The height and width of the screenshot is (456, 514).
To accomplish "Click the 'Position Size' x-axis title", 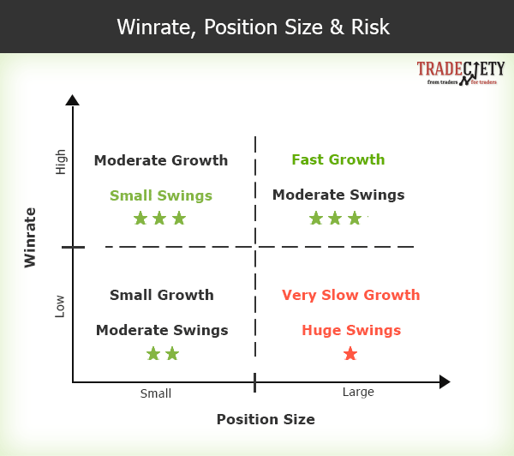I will (x=266, y=419).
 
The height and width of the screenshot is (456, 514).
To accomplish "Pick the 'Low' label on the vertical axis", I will (x=60, y=306).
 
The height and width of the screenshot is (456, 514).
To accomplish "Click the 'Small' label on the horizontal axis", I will (x=156, y=393).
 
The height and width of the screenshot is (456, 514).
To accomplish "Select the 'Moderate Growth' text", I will (x=161, y=160).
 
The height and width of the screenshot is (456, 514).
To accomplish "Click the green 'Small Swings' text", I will (x=161, y=195).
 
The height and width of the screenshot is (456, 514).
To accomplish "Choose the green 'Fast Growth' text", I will (x=338, y=159).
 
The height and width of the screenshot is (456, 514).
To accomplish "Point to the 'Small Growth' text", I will (x=162, y=295).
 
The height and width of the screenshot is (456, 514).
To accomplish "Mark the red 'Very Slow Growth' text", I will (x=351, y=295).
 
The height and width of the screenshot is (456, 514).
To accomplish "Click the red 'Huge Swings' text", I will (x=351, y=330).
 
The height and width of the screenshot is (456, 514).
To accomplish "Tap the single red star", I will (x=350, y=353).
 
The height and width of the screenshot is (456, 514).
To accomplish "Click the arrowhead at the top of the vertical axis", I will (x=73, y=99).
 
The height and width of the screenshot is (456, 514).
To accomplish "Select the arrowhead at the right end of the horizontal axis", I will (x=444, y=381).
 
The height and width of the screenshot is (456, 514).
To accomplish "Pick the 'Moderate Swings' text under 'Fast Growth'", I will (x=338, y=195).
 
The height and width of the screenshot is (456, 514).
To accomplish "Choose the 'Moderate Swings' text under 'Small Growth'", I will (x=162, y=330).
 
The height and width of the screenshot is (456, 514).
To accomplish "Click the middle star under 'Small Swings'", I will (x=159, y=218).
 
